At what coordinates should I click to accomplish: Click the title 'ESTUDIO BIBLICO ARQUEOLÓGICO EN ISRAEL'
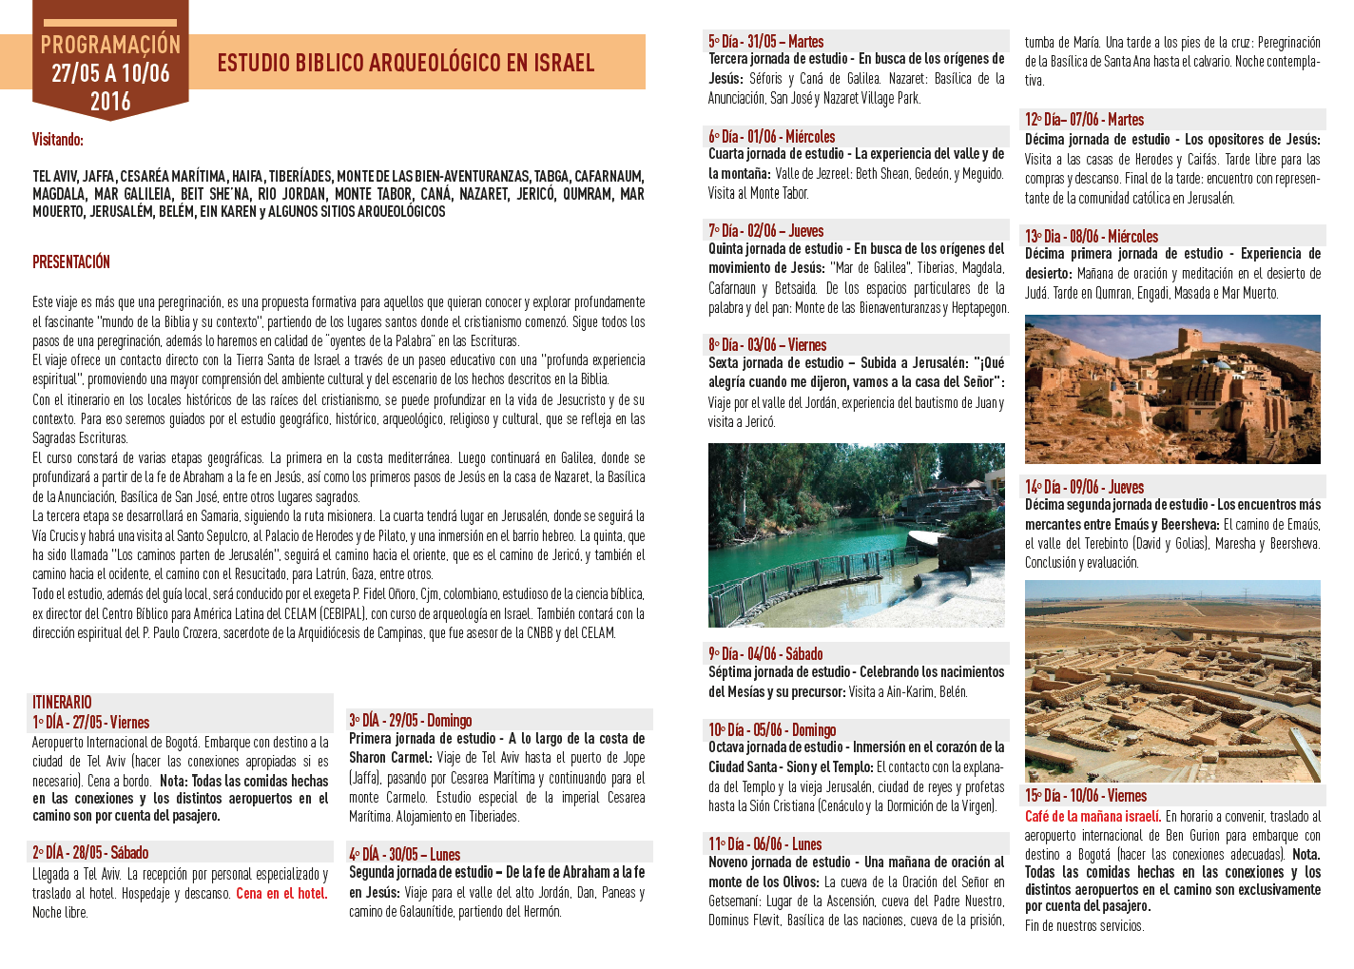(405, 64)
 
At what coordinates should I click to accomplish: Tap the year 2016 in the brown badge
(110, 102)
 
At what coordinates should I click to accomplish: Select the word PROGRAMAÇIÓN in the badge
(110, 45)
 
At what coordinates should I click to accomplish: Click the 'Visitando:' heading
(58, 140)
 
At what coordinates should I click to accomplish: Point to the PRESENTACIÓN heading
(71, 262)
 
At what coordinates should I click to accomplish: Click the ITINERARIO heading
(62, 703)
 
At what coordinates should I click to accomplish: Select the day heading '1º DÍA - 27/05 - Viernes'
(91, 723)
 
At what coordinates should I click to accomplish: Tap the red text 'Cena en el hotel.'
(281, 894)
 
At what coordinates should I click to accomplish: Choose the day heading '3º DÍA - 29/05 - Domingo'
(411, 721)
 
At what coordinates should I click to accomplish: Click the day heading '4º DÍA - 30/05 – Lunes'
(404, 855)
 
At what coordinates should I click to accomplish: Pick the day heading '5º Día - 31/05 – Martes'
(765, 42)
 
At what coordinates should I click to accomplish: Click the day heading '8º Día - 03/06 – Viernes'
(767, 345)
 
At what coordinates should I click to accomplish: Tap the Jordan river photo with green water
(856, 534)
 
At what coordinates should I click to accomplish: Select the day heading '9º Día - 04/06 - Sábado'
(765, 654)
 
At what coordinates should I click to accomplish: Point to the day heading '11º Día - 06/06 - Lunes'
(764, 844)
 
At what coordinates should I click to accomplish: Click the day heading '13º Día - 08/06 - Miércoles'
(1092, 237)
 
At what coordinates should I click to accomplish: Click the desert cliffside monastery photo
(1172, 389)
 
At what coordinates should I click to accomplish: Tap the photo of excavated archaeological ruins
(1172, 681)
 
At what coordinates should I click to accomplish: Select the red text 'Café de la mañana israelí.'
(1093, 817)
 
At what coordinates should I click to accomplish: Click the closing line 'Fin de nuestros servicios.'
(1085, 926)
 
